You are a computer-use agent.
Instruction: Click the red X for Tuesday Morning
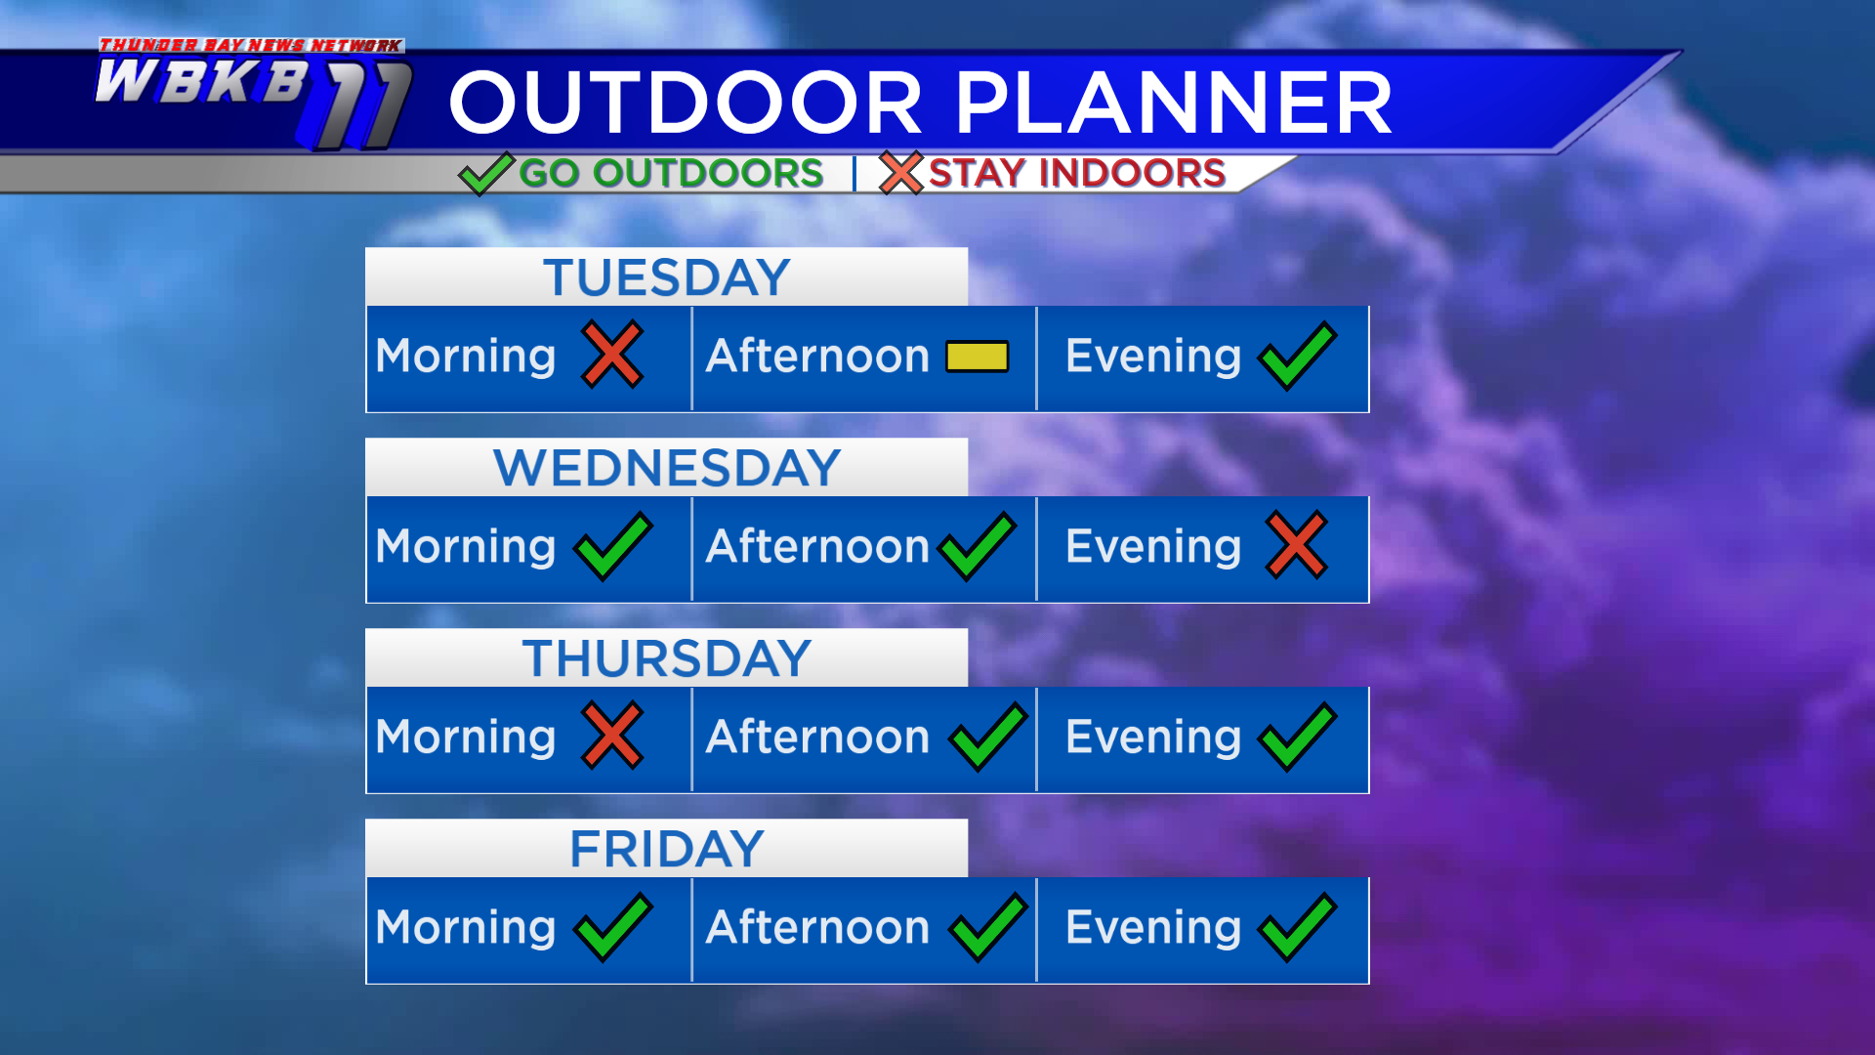[612, 355]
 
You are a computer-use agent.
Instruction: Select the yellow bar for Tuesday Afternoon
[977, 357]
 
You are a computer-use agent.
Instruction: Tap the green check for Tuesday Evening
[1298, 356]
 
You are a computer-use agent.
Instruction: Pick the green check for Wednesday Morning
[613, 546]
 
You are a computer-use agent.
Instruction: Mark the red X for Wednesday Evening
[1297, 545]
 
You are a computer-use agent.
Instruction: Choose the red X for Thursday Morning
[612, 736]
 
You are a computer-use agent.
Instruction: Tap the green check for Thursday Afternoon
[988, 737]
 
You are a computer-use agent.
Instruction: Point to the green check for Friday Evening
[1298, 927]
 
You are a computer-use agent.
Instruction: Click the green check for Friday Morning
[613, 927]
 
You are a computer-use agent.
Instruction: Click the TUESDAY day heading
[667, 277]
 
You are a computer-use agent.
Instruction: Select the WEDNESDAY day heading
[667, 468]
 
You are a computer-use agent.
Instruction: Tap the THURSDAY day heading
[667, 658]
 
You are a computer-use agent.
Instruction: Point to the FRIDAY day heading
[667, 849]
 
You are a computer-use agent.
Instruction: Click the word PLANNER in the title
[1173, 103]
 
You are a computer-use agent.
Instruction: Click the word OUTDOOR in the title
[686, 103]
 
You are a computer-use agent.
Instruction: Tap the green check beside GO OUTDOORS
[485, 174]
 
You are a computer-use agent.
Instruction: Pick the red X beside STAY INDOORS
[900, 173]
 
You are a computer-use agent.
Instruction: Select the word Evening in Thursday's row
[1153, 738]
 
